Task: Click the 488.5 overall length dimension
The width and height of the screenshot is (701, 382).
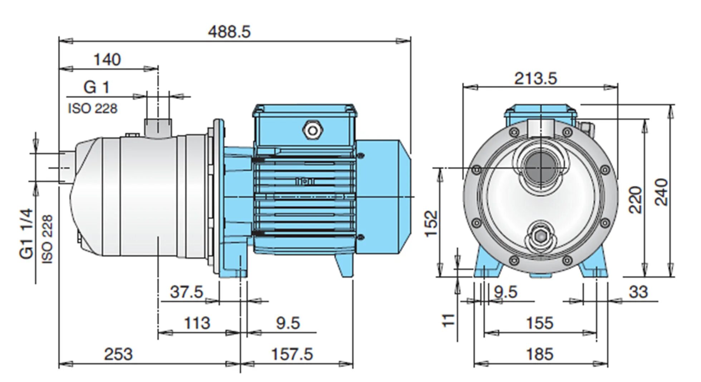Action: pos(229,32)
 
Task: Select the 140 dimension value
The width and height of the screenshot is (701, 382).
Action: pos(107,59)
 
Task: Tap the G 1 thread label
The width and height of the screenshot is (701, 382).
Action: pos(96,87)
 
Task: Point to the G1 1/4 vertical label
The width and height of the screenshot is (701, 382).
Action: pos(27,234)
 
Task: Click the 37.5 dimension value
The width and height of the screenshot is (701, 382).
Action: pos(186,292)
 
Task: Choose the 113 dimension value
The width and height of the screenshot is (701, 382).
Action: pos(197,323)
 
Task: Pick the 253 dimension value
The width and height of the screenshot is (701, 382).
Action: pos(118,354)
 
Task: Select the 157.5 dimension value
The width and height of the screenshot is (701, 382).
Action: pos(292,354)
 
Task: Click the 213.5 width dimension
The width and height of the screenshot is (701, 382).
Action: pos(535,78)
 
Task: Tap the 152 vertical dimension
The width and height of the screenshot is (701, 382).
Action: pos(431,223)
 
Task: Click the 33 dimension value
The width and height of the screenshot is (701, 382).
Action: pos(638,292)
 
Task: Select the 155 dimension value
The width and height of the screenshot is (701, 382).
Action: pos(539,323)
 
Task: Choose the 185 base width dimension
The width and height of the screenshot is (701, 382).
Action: pos(539,354)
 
